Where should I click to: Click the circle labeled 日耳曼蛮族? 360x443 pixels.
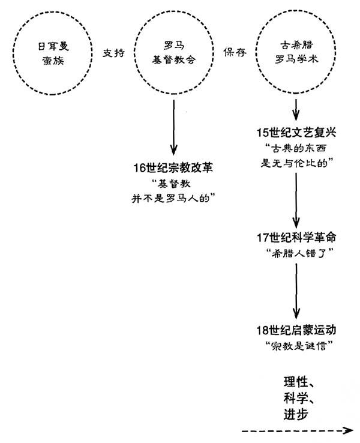pyautogui.click(x=13, y=53)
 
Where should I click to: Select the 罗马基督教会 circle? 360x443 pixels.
pyautogui.click(x=134, y=53)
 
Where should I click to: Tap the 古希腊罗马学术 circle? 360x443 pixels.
pyautogui.click(x=256, y=52)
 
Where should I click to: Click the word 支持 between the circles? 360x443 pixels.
pyautogui.click(x=113, y=53)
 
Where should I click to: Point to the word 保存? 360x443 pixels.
pyautogui.click(x=235, y=52)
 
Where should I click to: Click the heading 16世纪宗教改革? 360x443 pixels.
pyautogui.click(x=173, y=168)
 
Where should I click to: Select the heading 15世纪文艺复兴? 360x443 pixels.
pyautogui.click(x=296, y=133)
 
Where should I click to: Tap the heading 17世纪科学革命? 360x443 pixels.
pyautogui.click(x=296, y=238)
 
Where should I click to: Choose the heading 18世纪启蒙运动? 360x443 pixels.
pyautogui.click(x=296, y=330)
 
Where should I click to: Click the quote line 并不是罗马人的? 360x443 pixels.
pyautogui.click(x=173, y=198)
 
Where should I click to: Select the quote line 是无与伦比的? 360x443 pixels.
pyautogui.click(x=298, y=163)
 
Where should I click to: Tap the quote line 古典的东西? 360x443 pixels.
pyautogui.click(x=296, y=148)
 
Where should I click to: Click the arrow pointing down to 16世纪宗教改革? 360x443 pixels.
pyautogui.click(x=173, y=127)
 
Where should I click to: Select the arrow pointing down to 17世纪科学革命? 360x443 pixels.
pyautogui.click(x=296, y=200)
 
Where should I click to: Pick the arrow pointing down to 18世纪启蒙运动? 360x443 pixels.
pyautogui.click(x=296, y=291)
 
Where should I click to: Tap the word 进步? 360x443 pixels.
pyautogui.click(x=296, y=414)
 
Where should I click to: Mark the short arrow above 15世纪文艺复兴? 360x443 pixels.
pyautogui.click(x=296, y=109)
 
